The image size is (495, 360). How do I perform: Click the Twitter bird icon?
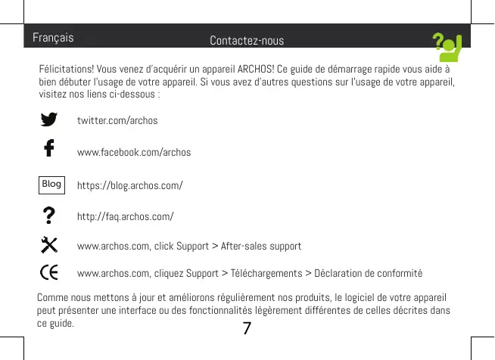pos(50,120)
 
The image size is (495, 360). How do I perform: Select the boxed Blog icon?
pos(51,184)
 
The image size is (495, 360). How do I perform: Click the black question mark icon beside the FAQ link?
pos(50,216)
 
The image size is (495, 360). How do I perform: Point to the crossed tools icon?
pos(50,245)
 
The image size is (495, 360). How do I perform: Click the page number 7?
pos(247,327)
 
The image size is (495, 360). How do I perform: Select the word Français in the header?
pos(53,36)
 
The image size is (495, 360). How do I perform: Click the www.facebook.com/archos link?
pos(134,153)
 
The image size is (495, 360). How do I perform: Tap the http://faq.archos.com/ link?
pos(126,217)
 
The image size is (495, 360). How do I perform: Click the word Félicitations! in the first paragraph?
pos(64,71)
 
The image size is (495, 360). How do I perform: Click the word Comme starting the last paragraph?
pos(51,296)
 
